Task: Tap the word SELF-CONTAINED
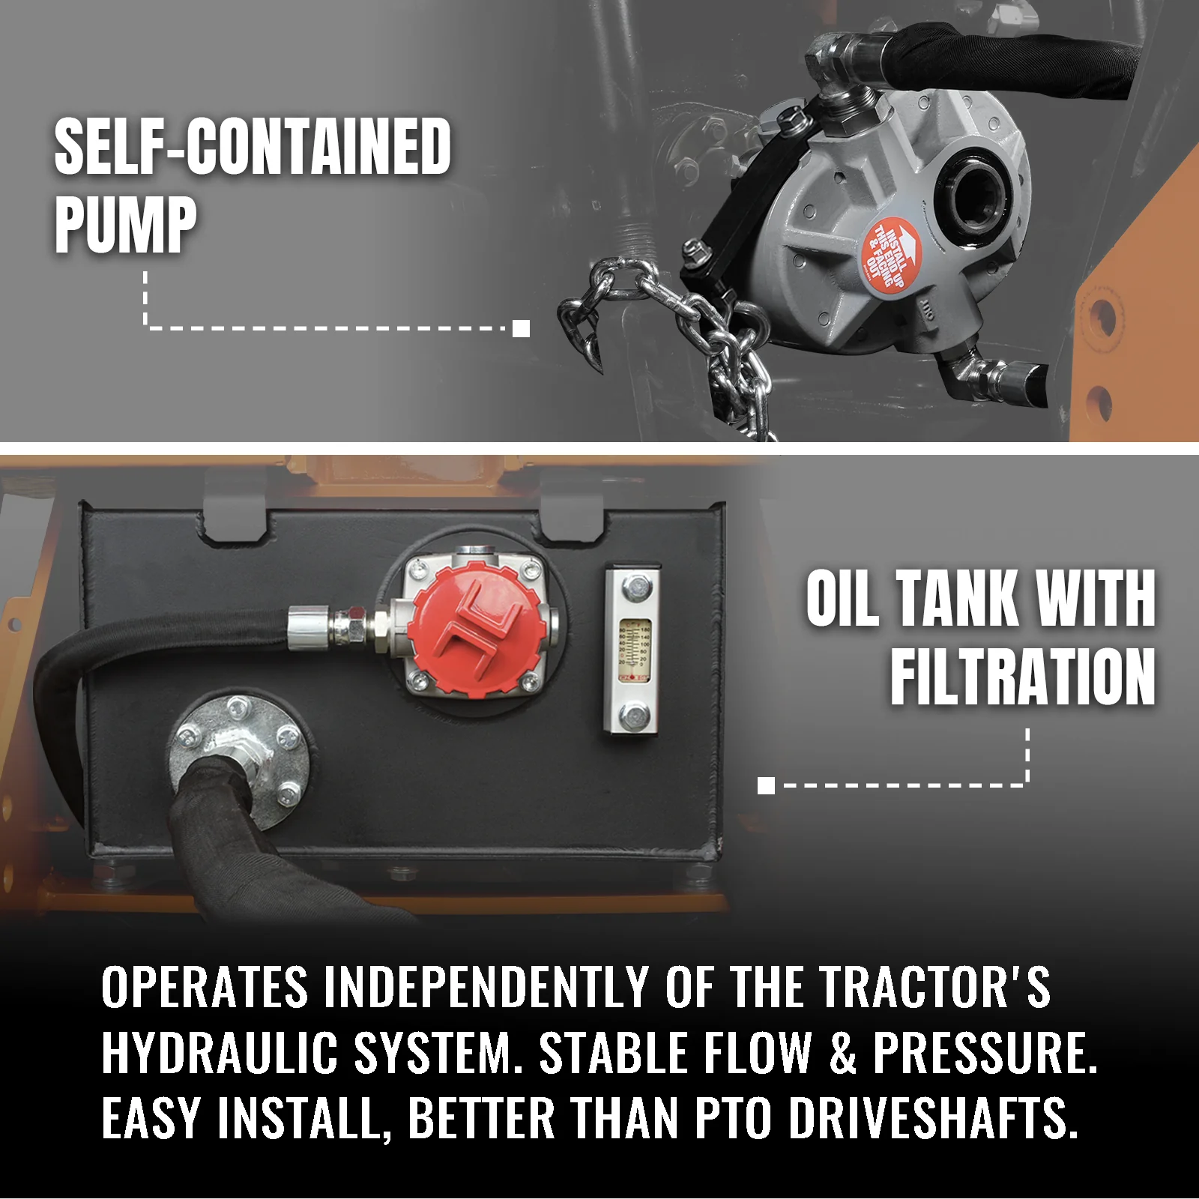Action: (x=253, y=147)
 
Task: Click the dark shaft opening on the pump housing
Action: (x=972, y=192)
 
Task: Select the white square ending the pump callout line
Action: (x=522, y=328)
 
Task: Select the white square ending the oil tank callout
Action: (x=766, y=785)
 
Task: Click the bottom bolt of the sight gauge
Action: (x=634, y=716)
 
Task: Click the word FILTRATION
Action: (x=1023, y=677)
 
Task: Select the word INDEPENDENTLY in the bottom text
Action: (x=486, y=987)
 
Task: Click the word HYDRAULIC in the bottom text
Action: (x=220, y=1053)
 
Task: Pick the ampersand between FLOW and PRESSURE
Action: (x=842, y=1053)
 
